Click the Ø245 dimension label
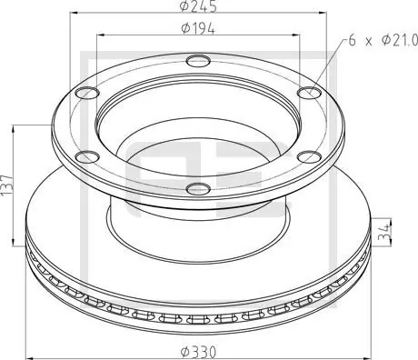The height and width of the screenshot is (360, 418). tap(198, 6)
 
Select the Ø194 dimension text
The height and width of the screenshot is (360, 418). tap(198, 29)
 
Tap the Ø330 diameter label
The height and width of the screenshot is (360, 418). tap(198, 352)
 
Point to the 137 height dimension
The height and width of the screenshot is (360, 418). tap(6, 185)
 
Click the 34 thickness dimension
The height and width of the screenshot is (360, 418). tap(384, 232)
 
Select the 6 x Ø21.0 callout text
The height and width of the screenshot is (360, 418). tap(383, 40)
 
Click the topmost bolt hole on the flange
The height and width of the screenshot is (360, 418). tap(198, 61)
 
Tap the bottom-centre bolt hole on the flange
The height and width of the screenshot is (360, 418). tap(198, 189)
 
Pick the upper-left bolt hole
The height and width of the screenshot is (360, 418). tap(87, 93)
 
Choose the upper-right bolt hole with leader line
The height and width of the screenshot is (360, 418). tap(309, 93)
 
